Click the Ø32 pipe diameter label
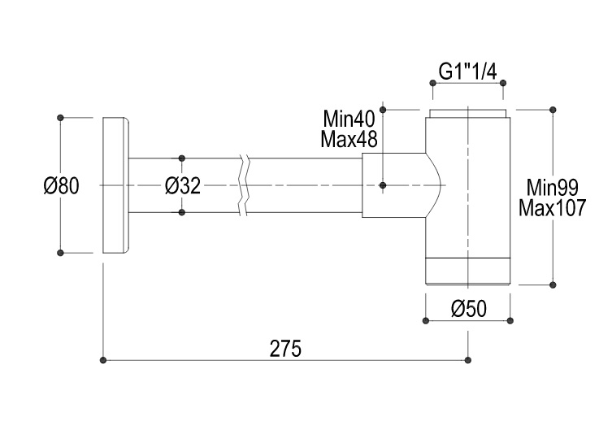(x=182, y=186)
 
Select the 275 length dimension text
(x=284, y=349)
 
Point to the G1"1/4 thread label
(x=467, y=71)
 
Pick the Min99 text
(x=551, y=189)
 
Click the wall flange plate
(x=115, y=186)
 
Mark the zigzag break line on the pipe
(x=245, y=186)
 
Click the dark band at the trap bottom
(x=468, y=271)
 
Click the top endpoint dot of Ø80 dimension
(x=61, y=118)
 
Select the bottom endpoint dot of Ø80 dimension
(x=61, y=254)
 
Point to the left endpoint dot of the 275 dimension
(x=102, y=359)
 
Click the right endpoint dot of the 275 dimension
(x=468, y=359)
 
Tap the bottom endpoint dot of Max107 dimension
(x=553, y=284)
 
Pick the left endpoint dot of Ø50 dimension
(x=425, y=320)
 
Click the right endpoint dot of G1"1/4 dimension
(x=505, y=82)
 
